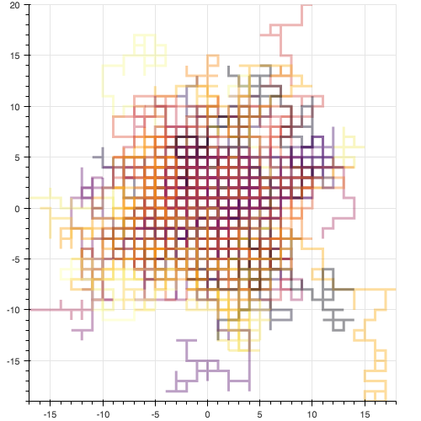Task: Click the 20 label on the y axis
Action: [15, 5]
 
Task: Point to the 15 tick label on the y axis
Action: [15, 56]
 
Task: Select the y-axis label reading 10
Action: [15, 107]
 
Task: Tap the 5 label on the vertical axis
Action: [18, 157]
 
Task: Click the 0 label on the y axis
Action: [18, 209]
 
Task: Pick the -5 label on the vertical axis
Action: [16, 259]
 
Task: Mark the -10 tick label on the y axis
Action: [13, 310]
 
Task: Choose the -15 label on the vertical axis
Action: [13, 361]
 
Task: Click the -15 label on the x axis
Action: [51, 414]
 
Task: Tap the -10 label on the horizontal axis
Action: [103, 414]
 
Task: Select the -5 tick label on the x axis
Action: [155, 414]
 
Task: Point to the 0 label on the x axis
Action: [207, 414]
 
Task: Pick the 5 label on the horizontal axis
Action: [259, 414]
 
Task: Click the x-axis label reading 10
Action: [312, 414]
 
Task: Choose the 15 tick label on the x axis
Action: [365, 414]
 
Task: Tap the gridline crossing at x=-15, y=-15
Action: [51, 360]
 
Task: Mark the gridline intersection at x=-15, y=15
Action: [51, 56]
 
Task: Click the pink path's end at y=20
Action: [312, 5]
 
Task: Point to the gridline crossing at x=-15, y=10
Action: [51, 106]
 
